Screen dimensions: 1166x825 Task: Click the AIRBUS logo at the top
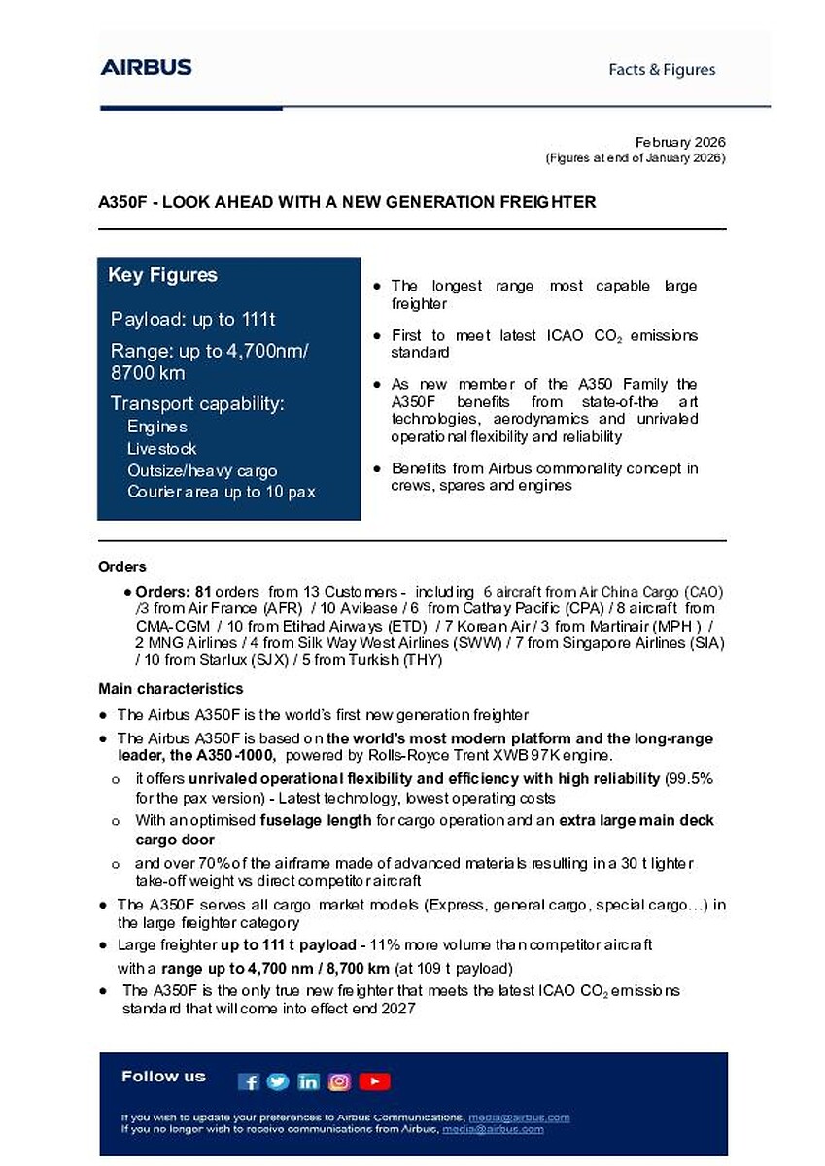coord(146,67)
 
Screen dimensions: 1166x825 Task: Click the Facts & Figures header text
coord(662,69)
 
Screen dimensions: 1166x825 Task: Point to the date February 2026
coord(680,142)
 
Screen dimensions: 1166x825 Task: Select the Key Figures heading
coord(162,275)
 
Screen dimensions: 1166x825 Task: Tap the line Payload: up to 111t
coord(199,320)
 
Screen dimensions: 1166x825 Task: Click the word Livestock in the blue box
coord(161,448)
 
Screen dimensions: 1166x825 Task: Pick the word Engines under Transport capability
coord(156,427)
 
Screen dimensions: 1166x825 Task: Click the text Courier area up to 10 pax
coord(221,492)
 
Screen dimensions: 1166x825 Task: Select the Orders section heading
coord(122,566)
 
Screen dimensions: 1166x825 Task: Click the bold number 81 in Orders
coord(203,592)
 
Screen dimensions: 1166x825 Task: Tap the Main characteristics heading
coord(170,689)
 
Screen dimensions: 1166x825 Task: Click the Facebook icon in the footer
coord(249,1081)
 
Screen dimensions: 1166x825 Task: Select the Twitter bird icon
coord(278,1081)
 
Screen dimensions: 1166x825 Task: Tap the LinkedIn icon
coord(308,1081)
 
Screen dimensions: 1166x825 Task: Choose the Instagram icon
coord(339,1081)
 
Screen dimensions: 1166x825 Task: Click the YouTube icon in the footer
coord(374,1081)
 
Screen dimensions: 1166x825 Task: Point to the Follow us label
coord(163,1076)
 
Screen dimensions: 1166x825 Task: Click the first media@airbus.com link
coord(519,1117)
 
